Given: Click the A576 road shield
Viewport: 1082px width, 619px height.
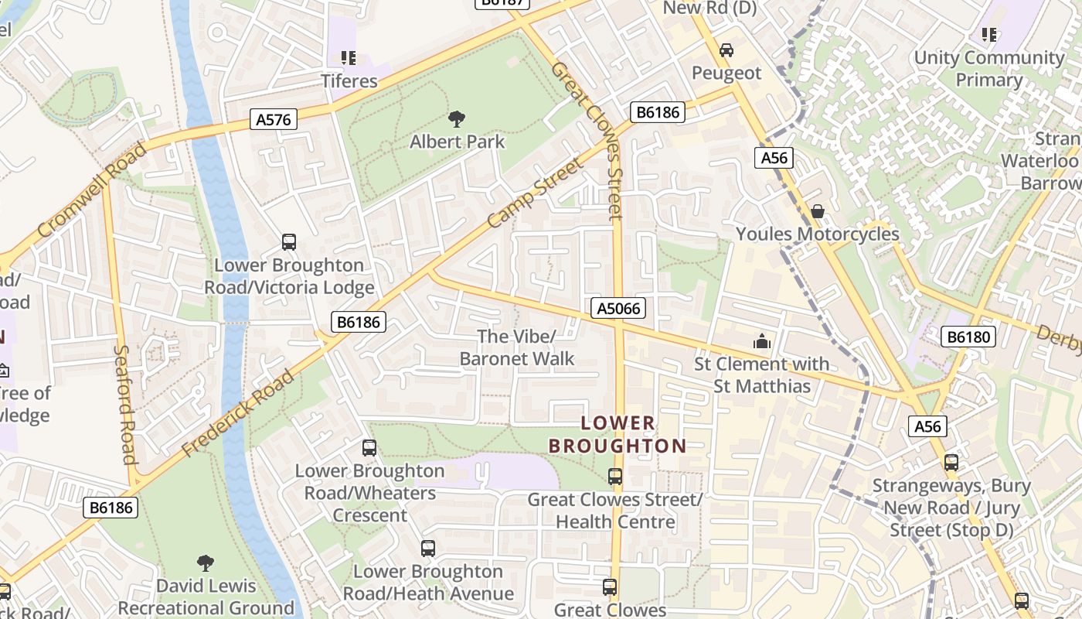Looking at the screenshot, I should pyautogui.click(x=274, y=119).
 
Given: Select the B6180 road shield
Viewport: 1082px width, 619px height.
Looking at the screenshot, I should pyautogui.click(x=968, y=337).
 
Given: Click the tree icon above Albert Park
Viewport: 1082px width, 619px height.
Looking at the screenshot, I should pyautogui.click(x=457, y=119).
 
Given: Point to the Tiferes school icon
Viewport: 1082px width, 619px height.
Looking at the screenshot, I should pyautogui.click(x=349, y=58).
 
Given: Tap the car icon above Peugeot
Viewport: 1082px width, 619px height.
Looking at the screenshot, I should pyautogui.click(x=726, y=50).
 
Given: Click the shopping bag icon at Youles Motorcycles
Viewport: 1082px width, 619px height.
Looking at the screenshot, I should pyautogui.click(x=817, y=211).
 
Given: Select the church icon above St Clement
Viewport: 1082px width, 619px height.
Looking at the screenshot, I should pyautogui.click(x=761, y=341).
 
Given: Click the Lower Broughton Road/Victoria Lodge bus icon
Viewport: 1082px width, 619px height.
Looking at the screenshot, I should pyautogui.click(x=289, y=242).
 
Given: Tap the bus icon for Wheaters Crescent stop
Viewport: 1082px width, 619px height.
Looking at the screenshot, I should pyautogui.click(x=369, y=448).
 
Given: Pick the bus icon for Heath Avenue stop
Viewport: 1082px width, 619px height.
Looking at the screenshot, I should pyautogui.click(x=428, y=549).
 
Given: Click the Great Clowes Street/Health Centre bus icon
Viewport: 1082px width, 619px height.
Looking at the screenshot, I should pyautogui.click(x=615, y=477).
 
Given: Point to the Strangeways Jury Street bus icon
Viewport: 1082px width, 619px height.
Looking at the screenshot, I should pyautogui.click(x=951, y=463).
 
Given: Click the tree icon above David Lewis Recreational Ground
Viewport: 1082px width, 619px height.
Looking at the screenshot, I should pyautogui.click(x=206, y=563).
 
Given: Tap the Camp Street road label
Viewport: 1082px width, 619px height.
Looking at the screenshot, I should pyautogui.click(x=536, y=193).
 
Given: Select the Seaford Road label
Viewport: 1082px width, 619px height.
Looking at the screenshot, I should pyautogui.click(x=125, y=403).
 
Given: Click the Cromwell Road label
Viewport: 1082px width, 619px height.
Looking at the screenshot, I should pyautogui.click(x=91, y=190).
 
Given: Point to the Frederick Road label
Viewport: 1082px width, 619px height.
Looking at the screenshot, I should pyautogui.click(x=238, y=413).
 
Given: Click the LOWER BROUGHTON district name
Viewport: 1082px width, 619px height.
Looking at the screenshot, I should pyautogui.click(x=617, y=435).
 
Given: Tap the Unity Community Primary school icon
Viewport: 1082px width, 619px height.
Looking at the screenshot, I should pyautogui.click(x=988, y=35).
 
